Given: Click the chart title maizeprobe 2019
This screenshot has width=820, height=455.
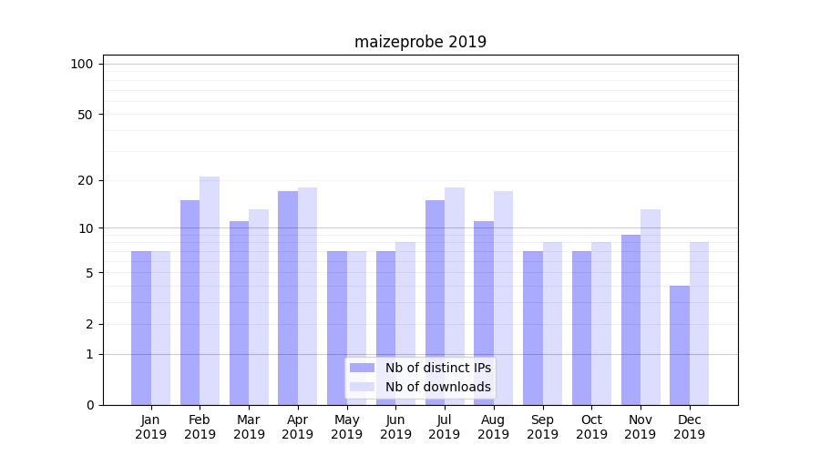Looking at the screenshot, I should tap(420, 42).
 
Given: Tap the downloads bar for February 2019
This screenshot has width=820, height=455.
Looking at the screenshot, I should tap(210, 290).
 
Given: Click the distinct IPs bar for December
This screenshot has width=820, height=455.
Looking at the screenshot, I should tap(680, 345).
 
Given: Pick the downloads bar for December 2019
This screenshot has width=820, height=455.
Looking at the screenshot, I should tap(699, 323).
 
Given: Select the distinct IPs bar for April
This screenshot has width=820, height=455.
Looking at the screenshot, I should tap(288, 298).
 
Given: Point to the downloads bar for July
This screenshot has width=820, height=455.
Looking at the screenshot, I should tap(455, 296).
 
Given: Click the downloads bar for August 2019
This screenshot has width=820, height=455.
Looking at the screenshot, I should tap(503, 298).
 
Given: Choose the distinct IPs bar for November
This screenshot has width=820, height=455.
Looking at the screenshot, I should tap(630, 319).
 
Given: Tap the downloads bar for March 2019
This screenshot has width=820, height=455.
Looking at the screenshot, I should tap(259, 307).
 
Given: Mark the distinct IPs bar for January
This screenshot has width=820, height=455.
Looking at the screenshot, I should tap(141, 328).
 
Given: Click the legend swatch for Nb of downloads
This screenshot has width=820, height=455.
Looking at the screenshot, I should tap(362, 387).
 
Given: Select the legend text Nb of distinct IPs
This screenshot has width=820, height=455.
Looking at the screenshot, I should tap(437, 368).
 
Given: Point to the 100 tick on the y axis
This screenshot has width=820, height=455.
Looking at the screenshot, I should tap(82, 64).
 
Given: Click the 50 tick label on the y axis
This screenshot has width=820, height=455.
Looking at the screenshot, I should tap(85, 115).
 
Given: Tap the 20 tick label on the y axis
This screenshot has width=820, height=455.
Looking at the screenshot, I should tap(85, 180).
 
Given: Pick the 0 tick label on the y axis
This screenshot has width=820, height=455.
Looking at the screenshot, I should tap(89, 405).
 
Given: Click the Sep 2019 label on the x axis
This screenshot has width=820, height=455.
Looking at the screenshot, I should tap(542, 427).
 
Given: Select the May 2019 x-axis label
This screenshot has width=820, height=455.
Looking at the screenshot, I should tap(346, 427).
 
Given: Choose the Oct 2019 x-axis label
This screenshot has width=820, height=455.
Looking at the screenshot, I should tap(591, 427).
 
